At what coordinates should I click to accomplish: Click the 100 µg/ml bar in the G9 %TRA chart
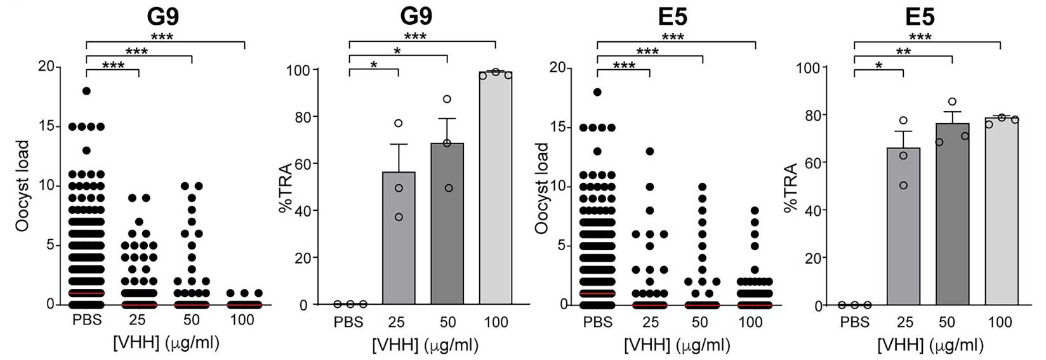click(495, 190)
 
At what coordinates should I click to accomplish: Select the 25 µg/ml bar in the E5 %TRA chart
click(903, 229)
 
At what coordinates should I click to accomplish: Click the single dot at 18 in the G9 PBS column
click(86, 91)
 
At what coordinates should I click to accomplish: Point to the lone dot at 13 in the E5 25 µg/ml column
click(649, 151)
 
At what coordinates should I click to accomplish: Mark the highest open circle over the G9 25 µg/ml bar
click(398, 123)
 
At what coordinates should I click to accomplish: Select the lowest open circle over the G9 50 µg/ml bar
click(449, 188)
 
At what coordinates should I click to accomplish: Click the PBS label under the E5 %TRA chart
click(854, 322)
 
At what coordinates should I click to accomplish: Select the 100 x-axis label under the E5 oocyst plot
click(750, 322)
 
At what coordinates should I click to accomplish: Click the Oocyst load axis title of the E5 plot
click(541, 188)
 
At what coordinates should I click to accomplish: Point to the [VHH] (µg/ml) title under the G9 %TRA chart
click(425, 345)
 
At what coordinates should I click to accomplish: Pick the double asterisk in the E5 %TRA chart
click(903, 51)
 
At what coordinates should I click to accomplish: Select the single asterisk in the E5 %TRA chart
click(878, 66)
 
